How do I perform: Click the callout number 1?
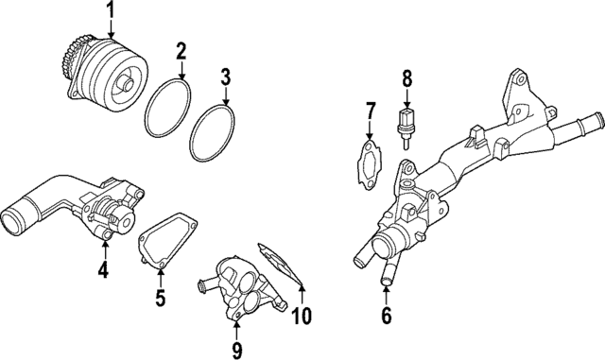(111, 10)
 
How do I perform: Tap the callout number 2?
(181, 52)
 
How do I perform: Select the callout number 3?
(226, 77)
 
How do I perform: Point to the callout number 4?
(103, 269)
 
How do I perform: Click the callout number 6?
(387, 315)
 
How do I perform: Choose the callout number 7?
(371, 111)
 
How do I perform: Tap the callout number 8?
(407, 77)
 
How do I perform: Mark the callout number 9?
(237, 351)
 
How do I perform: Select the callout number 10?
(302, 316)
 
